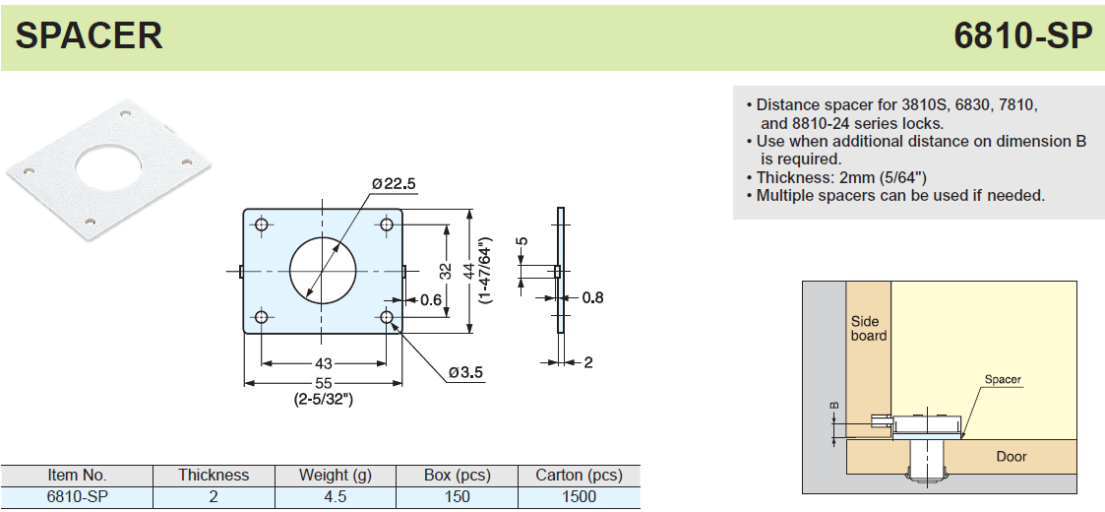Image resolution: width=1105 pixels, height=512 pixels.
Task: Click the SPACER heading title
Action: pos(89,35)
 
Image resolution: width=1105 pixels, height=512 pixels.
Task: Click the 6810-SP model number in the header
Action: pos(1022,35)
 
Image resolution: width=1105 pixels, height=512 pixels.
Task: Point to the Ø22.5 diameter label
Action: pos(394,184)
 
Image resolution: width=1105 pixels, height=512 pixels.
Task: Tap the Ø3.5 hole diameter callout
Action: pos(466,371)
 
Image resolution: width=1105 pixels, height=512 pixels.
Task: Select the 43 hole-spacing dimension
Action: pos(324,364)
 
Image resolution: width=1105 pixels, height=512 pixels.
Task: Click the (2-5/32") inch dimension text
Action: pos(324,399)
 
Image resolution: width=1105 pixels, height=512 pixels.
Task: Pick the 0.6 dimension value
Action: pos(431,299)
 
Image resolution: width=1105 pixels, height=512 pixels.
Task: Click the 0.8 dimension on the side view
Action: pos(592,297)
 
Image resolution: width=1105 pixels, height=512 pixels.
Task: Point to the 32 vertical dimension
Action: pos(446,271)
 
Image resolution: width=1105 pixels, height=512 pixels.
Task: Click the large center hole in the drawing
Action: pos(323,271)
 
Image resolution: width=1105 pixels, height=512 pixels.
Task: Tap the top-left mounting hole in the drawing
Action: pos(262,224)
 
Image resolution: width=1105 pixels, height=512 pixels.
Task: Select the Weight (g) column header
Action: pos(334,476)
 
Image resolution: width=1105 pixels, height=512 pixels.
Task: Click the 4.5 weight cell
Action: pos(336,496)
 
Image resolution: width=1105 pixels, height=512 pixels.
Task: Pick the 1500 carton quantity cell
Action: pos(580,496)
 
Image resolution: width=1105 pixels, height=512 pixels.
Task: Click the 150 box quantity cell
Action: pos(458,496)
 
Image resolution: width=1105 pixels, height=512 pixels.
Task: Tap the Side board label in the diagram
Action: pos(868,329)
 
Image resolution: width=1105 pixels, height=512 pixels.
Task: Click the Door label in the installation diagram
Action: pos(1012,457)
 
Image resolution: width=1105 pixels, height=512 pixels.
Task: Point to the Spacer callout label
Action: pos(1003,380)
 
